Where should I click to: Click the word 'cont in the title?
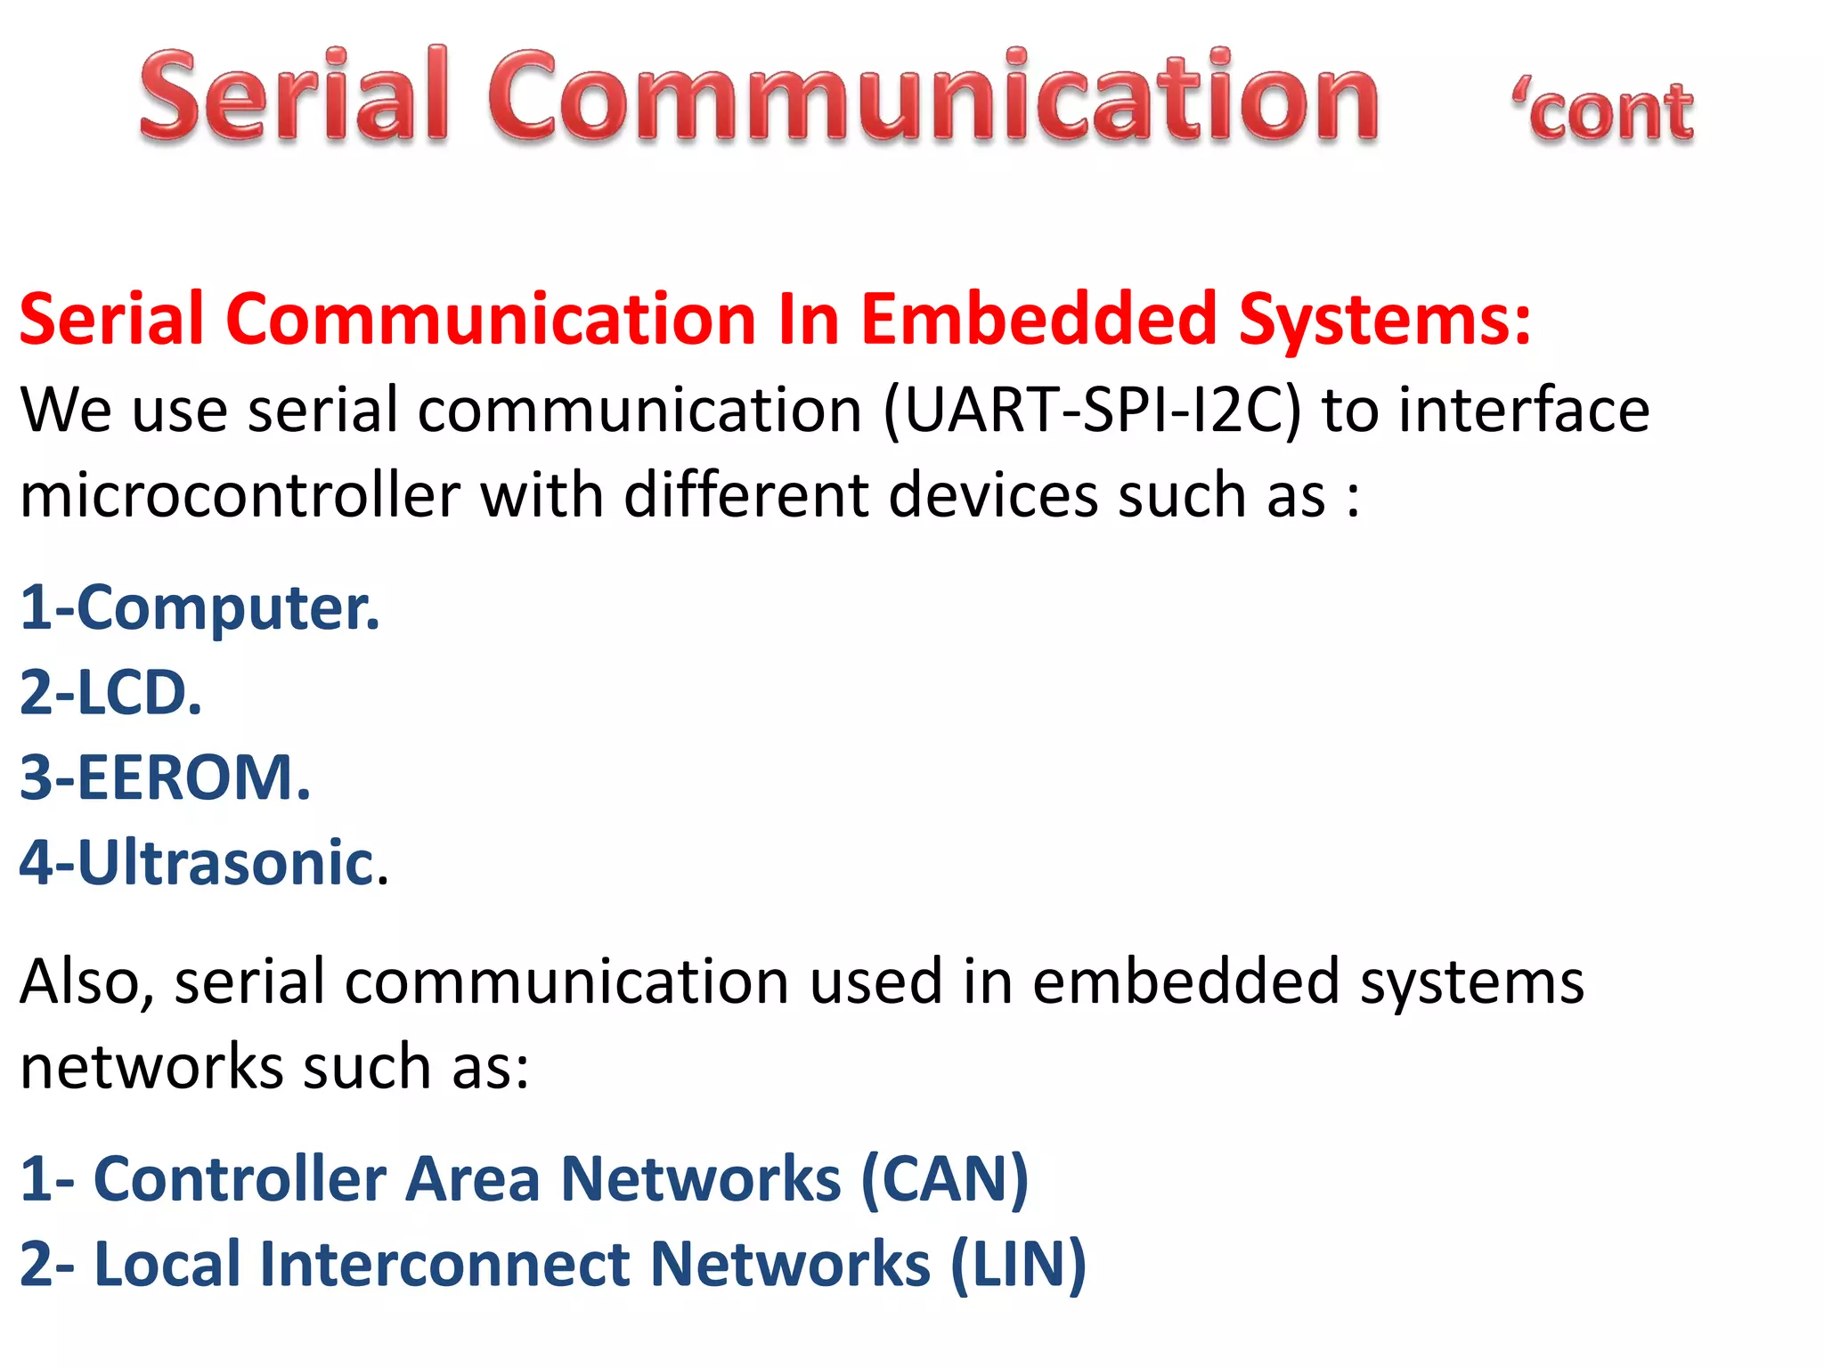[x=1603, y=113]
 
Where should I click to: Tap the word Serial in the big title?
[x=294, y=96]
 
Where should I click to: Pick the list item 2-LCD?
[x=111, y=693]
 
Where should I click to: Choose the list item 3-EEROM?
[x=166, y=778]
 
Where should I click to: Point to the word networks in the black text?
[x=151, y=1067]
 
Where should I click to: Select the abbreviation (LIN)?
[x=1018, y=1264]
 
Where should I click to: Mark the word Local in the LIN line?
[x=167, y=1264]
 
